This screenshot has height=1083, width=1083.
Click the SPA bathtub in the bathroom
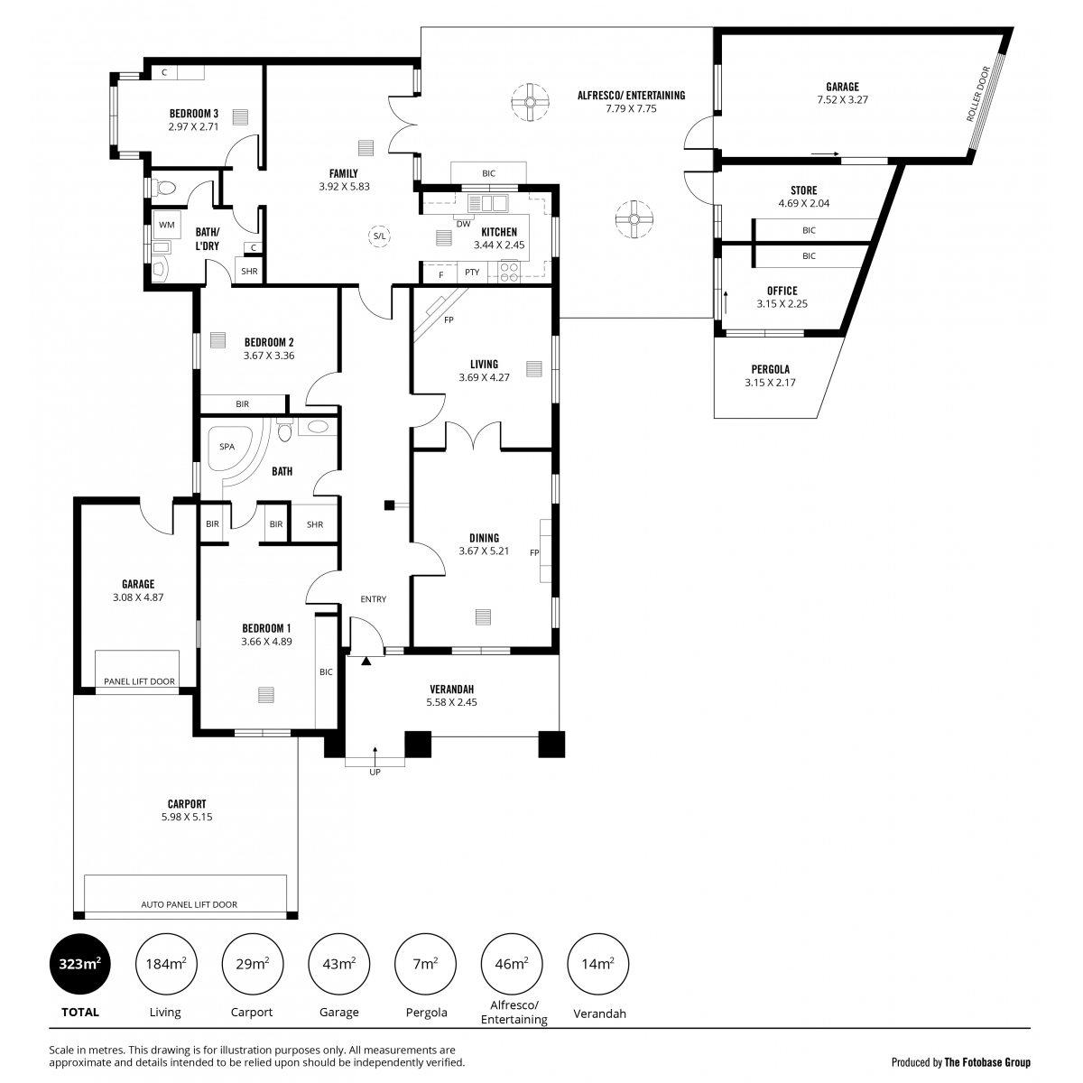(x=227, y=449)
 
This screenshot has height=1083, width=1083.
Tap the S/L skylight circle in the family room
(x=380, y=236)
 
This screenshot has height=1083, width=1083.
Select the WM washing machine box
(x=167, y=225)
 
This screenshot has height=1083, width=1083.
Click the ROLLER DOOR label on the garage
(x=978, y=94)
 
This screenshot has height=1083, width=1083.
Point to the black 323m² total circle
(x=79, y=965)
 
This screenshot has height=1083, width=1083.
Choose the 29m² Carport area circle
(x=253, y=965)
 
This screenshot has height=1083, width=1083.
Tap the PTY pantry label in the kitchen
(x=472, y=273)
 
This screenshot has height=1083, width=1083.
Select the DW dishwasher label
(x=464, y=224)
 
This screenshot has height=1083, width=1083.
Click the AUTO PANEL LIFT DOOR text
(x=189, y=904)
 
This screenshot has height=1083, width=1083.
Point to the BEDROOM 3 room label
(x=194, y=114)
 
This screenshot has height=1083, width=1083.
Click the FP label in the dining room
(x=534, y=553)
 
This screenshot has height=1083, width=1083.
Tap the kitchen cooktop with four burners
(x=509, y=272)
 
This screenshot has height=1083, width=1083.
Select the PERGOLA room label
(x=771, y=370)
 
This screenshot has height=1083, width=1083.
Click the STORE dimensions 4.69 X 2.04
(x=804, y=203)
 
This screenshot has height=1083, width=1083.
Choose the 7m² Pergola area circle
(x=425, y=965)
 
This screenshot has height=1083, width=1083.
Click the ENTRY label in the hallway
(x=373, y=599)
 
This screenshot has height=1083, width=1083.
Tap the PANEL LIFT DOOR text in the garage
(x=139, y=681)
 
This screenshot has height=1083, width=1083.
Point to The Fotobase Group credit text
(x=987, y=1062)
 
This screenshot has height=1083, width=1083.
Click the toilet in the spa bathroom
(x=285, y=430)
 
